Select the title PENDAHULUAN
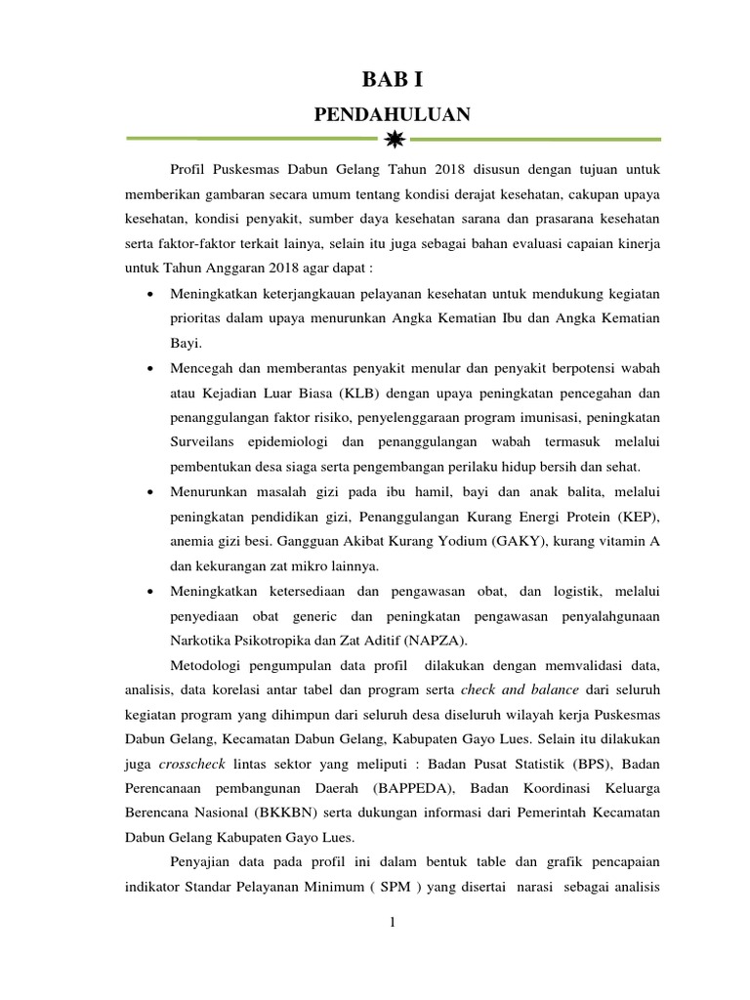tap(392, 115)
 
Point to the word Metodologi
tap(208, 665)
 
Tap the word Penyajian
tap(202, 863)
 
